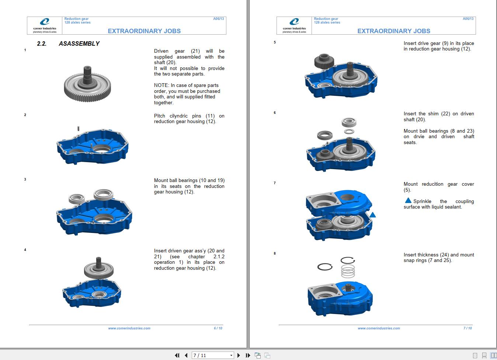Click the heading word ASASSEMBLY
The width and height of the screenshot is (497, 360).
tap(79, 43)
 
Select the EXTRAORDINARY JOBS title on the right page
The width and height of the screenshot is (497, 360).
tap(393, 31)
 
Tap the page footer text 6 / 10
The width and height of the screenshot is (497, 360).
tap(218, 328)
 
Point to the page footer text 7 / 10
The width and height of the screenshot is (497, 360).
tap(468, 328)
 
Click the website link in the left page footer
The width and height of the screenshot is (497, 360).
tap(129, 328)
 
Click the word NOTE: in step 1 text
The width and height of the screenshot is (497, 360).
tap(161, 85)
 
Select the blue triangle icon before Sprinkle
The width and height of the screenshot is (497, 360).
tap(408, 201)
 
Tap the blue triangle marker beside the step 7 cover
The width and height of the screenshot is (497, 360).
tap(373, 215)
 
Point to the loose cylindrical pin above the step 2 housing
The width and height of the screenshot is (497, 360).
tap(79, 129)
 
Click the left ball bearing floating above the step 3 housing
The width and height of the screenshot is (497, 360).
tap(77, 199)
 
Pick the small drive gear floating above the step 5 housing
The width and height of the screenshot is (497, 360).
tap(324, 61)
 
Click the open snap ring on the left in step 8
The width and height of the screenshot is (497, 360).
tap(325, 266)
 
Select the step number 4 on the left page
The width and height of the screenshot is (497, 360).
tap(25, 250)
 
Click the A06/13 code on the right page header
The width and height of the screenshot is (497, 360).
tap(468, 19)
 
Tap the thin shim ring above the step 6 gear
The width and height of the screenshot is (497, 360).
tap(349, 131)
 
